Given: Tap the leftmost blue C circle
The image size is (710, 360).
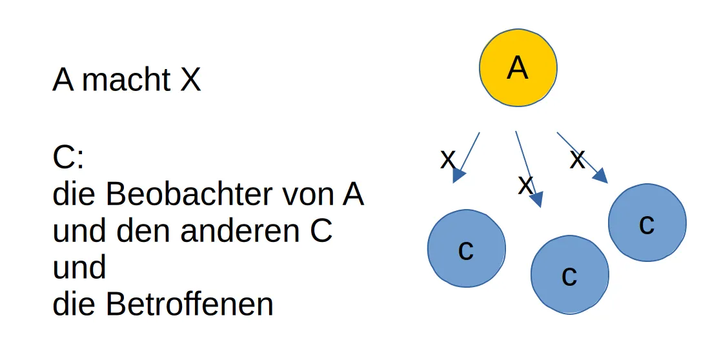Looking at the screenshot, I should point(466,248).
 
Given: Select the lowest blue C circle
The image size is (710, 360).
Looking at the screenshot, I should point(569,274).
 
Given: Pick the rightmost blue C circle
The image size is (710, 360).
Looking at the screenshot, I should point(647,223).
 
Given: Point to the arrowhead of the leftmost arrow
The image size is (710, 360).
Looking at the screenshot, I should point(458,175).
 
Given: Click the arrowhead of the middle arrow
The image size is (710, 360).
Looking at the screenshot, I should point(536,199).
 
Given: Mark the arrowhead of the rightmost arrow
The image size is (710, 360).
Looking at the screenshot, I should point(600,175).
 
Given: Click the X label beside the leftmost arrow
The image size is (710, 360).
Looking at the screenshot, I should point(447,159).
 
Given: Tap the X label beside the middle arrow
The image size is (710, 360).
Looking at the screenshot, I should point(525,185).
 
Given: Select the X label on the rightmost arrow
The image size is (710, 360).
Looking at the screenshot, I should point(577,159).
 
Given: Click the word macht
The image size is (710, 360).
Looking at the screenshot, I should point(127,81).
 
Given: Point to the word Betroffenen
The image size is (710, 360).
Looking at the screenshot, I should point(190,304).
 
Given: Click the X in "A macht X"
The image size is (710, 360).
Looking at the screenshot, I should point(190,81).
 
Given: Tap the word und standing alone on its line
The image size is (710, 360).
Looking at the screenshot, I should point(79,267).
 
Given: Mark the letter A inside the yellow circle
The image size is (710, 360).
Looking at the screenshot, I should point(518,67).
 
